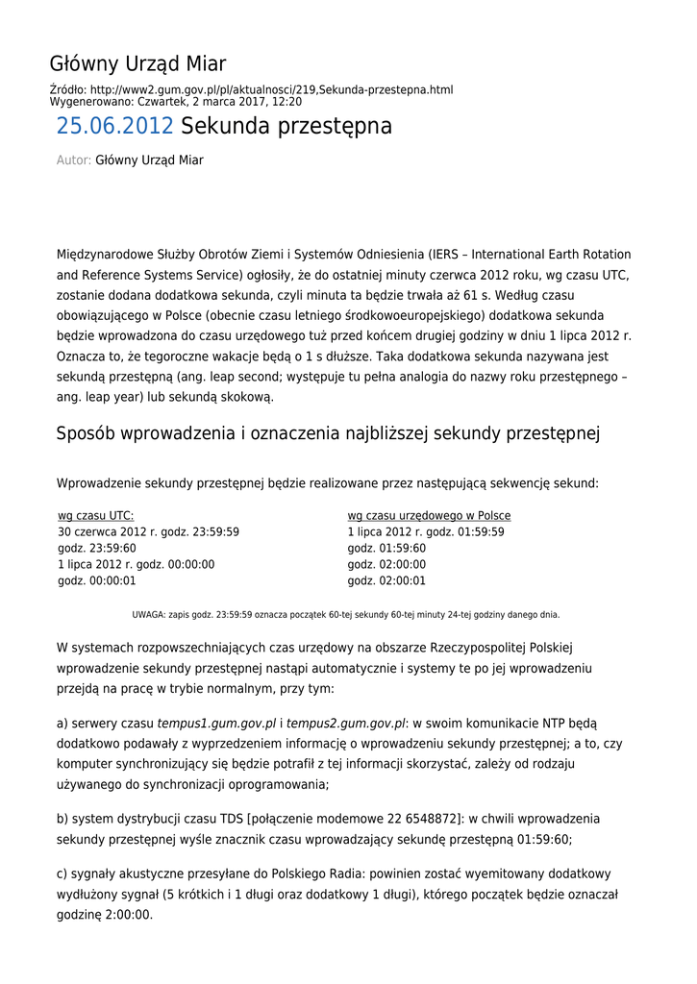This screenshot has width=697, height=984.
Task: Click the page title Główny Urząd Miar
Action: click(x=137, y=64)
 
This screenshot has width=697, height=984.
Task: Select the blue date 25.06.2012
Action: click(x=114, y=126)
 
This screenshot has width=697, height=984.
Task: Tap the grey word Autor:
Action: click(x=74, y=160)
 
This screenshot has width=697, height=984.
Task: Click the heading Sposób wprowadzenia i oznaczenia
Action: click(x=328, y=433)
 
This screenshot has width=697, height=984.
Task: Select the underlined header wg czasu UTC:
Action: click(x=96, y=516)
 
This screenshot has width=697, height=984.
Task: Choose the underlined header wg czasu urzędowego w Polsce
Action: click(x=429, y=516)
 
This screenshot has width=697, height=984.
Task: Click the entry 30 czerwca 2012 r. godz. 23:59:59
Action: click(x=148, y=532)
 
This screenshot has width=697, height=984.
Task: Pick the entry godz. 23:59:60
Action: click(x=97, y=549)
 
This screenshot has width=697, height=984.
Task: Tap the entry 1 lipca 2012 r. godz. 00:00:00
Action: click(x=137, y=565)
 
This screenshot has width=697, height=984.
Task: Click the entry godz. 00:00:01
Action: click(x=97, y=581)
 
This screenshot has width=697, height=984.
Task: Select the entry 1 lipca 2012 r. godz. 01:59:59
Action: click(x=426, y=532)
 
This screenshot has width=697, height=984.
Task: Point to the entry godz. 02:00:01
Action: click(x=386, y=581)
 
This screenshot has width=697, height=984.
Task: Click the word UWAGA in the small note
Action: click(x=148, y=615)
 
